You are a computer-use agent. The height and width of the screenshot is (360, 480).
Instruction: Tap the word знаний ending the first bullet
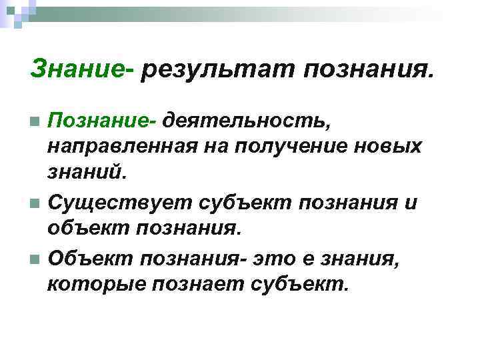(86, 173)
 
